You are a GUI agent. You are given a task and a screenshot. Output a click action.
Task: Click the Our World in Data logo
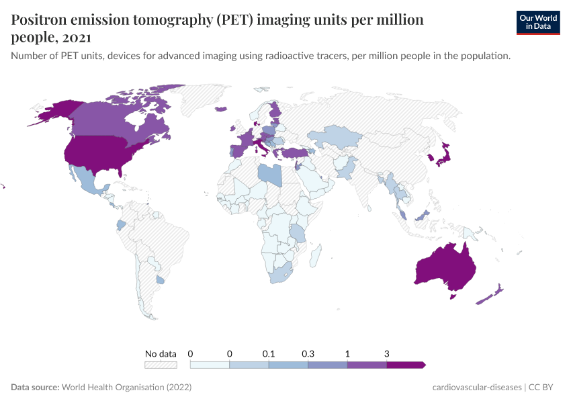click(538, 22)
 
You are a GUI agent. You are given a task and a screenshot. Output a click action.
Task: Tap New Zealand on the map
click(490, 295)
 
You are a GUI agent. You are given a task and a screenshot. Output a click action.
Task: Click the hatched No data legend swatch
click(161, 365)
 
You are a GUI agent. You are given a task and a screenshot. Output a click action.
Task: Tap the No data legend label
click(161, 353)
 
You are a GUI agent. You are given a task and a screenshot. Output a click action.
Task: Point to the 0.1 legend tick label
click(269, 353)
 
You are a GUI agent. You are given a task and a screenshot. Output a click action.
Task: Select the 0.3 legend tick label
click(308, 353)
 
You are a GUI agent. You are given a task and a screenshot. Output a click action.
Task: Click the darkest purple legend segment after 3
click(406, 365)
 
